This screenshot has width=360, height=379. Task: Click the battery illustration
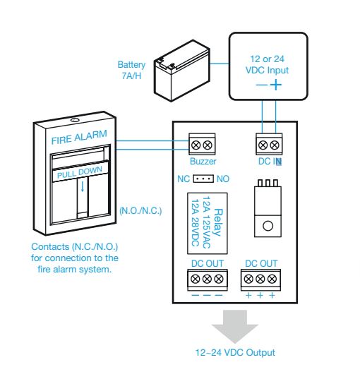coord(182,71)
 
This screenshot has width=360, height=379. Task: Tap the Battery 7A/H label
coord(131,70)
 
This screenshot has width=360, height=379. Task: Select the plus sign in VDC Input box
coord(275,85)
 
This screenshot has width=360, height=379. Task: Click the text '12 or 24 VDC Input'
coord(267,64)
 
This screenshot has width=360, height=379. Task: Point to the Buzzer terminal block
coord(202,144)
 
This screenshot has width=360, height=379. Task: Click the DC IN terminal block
coord(269,144)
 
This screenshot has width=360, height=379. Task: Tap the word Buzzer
coord(203,161)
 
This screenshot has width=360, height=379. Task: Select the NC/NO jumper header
coord(203,179)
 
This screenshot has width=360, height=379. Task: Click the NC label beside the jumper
coord(184,179)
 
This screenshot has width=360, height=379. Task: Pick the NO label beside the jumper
coord(222,179)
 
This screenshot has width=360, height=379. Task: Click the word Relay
coord(218,222)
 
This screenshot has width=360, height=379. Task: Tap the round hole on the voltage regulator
coord(268,226)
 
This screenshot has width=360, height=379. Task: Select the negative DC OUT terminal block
coord(208,280)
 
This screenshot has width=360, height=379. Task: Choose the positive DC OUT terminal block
coord(260,280)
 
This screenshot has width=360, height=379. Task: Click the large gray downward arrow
coord(235,327)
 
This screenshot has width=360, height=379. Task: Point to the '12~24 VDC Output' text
coord(235,352)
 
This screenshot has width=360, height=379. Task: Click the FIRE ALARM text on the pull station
coord(79,137)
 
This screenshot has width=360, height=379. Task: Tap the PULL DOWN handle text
coord(80,172)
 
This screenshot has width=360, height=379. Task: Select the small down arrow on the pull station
coord(83,186)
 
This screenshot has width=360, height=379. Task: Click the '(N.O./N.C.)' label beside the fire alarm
coord(140,211)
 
